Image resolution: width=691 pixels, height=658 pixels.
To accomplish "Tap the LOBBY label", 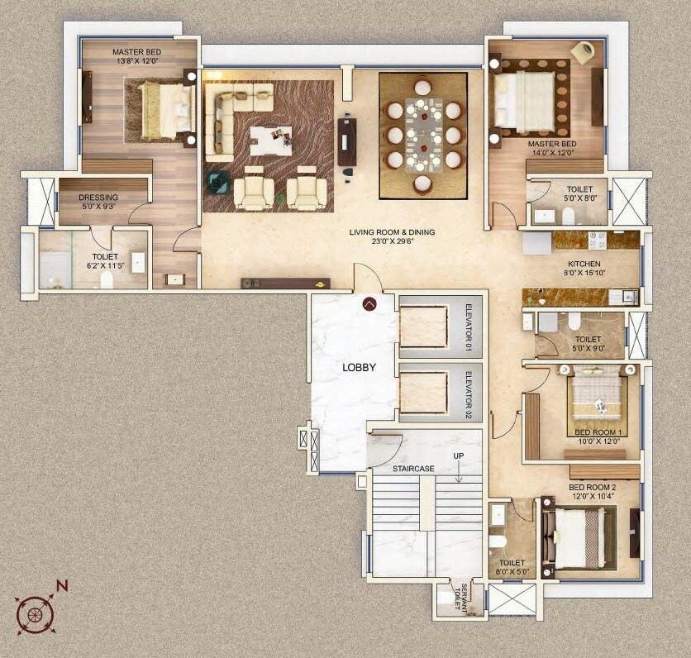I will [360, 367].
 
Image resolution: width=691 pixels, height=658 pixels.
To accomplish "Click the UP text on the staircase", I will [458, 456].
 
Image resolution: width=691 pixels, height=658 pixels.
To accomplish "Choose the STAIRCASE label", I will [413, 469].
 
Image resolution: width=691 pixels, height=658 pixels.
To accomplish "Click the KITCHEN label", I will [583, 265].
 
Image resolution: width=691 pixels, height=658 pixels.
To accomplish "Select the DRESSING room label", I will [98, 198].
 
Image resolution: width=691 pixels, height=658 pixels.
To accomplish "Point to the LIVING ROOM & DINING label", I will [392, 232].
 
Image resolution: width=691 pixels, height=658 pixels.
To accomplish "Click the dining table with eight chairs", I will [423, 134].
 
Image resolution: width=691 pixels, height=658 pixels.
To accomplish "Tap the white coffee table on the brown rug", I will [270, 140].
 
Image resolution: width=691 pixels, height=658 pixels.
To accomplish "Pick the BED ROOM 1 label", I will [601, 432].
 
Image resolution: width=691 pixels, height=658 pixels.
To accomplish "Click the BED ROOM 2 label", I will [592, 488].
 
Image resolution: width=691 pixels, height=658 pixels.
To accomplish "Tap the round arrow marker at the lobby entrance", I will [369, 303].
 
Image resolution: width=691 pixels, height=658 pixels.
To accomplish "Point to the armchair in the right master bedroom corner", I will [583, 51].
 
